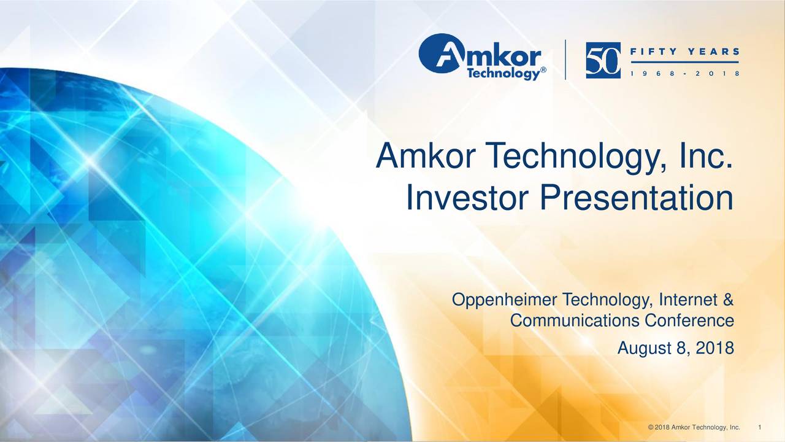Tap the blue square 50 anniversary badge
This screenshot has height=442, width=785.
603,60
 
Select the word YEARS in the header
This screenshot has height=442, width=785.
714,52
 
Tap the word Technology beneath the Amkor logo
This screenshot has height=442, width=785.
504,74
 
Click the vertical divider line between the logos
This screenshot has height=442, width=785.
565,60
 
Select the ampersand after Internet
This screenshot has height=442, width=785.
727,300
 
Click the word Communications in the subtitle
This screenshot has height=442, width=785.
575,320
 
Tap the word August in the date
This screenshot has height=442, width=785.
644,349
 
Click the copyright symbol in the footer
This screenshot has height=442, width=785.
651,427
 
